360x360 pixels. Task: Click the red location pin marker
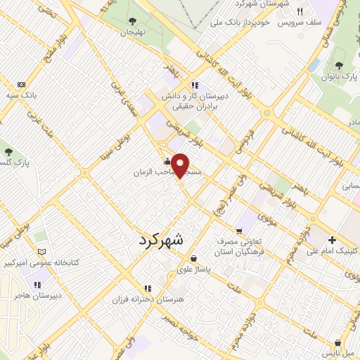(181, 165)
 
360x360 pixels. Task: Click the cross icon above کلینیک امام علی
(332, 240)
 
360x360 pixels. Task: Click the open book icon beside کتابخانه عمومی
(41, 252)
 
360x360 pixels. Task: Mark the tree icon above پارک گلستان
(8, 152)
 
